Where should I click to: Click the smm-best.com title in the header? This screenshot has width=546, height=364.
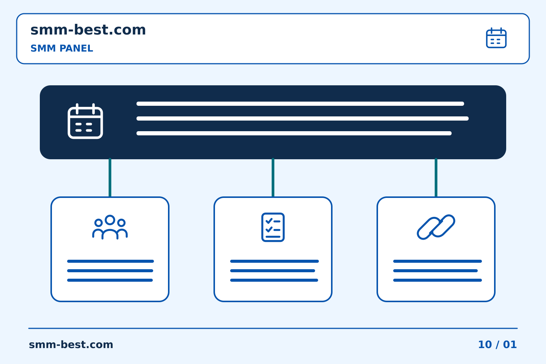pos(88,30)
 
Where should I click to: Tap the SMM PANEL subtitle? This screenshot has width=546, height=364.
pos(62,48)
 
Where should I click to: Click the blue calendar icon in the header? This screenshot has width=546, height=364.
pos(496,38)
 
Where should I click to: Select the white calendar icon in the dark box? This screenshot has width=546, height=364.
pos(85,121)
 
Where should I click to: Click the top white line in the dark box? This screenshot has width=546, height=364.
pos(300,104)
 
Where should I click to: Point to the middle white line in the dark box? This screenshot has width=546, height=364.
pos(303,118)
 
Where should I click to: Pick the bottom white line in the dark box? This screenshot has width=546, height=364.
pos(294,133)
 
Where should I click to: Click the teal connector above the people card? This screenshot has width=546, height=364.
pos(110,177)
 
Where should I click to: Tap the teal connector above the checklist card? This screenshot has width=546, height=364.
pos(273,177)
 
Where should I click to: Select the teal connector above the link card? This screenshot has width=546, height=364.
pos(436,177)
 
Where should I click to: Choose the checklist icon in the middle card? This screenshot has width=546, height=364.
pos(273,227)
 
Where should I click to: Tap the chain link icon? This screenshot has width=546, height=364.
pos(436,227)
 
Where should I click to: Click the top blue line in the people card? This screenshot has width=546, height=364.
pos(110,261)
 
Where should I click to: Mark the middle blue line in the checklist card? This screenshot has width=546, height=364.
pos(273,271)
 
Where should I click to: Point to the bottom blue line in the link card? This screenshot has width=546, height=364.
pos(438,280)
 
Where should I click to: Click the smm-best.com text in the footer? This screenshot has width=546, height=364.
pos(71,345)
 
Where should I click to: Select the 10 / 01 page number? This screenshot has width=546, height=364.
pos(497,345)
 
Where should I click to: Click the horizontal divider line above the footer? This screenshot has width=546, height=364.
pos(273,328)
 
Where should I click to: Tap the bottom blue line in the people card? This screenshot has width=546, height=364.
pos(110,280)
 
